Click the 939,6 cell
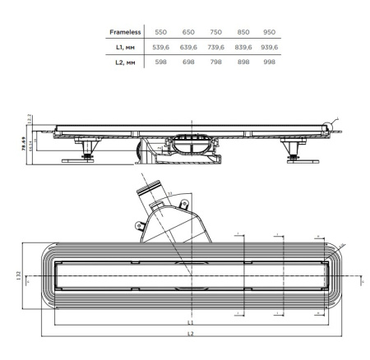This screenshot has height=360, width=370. pyautogui.click(x=270, y=47)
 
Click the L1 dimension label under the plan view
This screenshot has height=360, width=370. pyautogui.click(x=191, y=323)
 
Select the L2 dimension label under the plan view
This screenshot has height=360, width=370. pyautogui.click(x=191, y=335)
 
